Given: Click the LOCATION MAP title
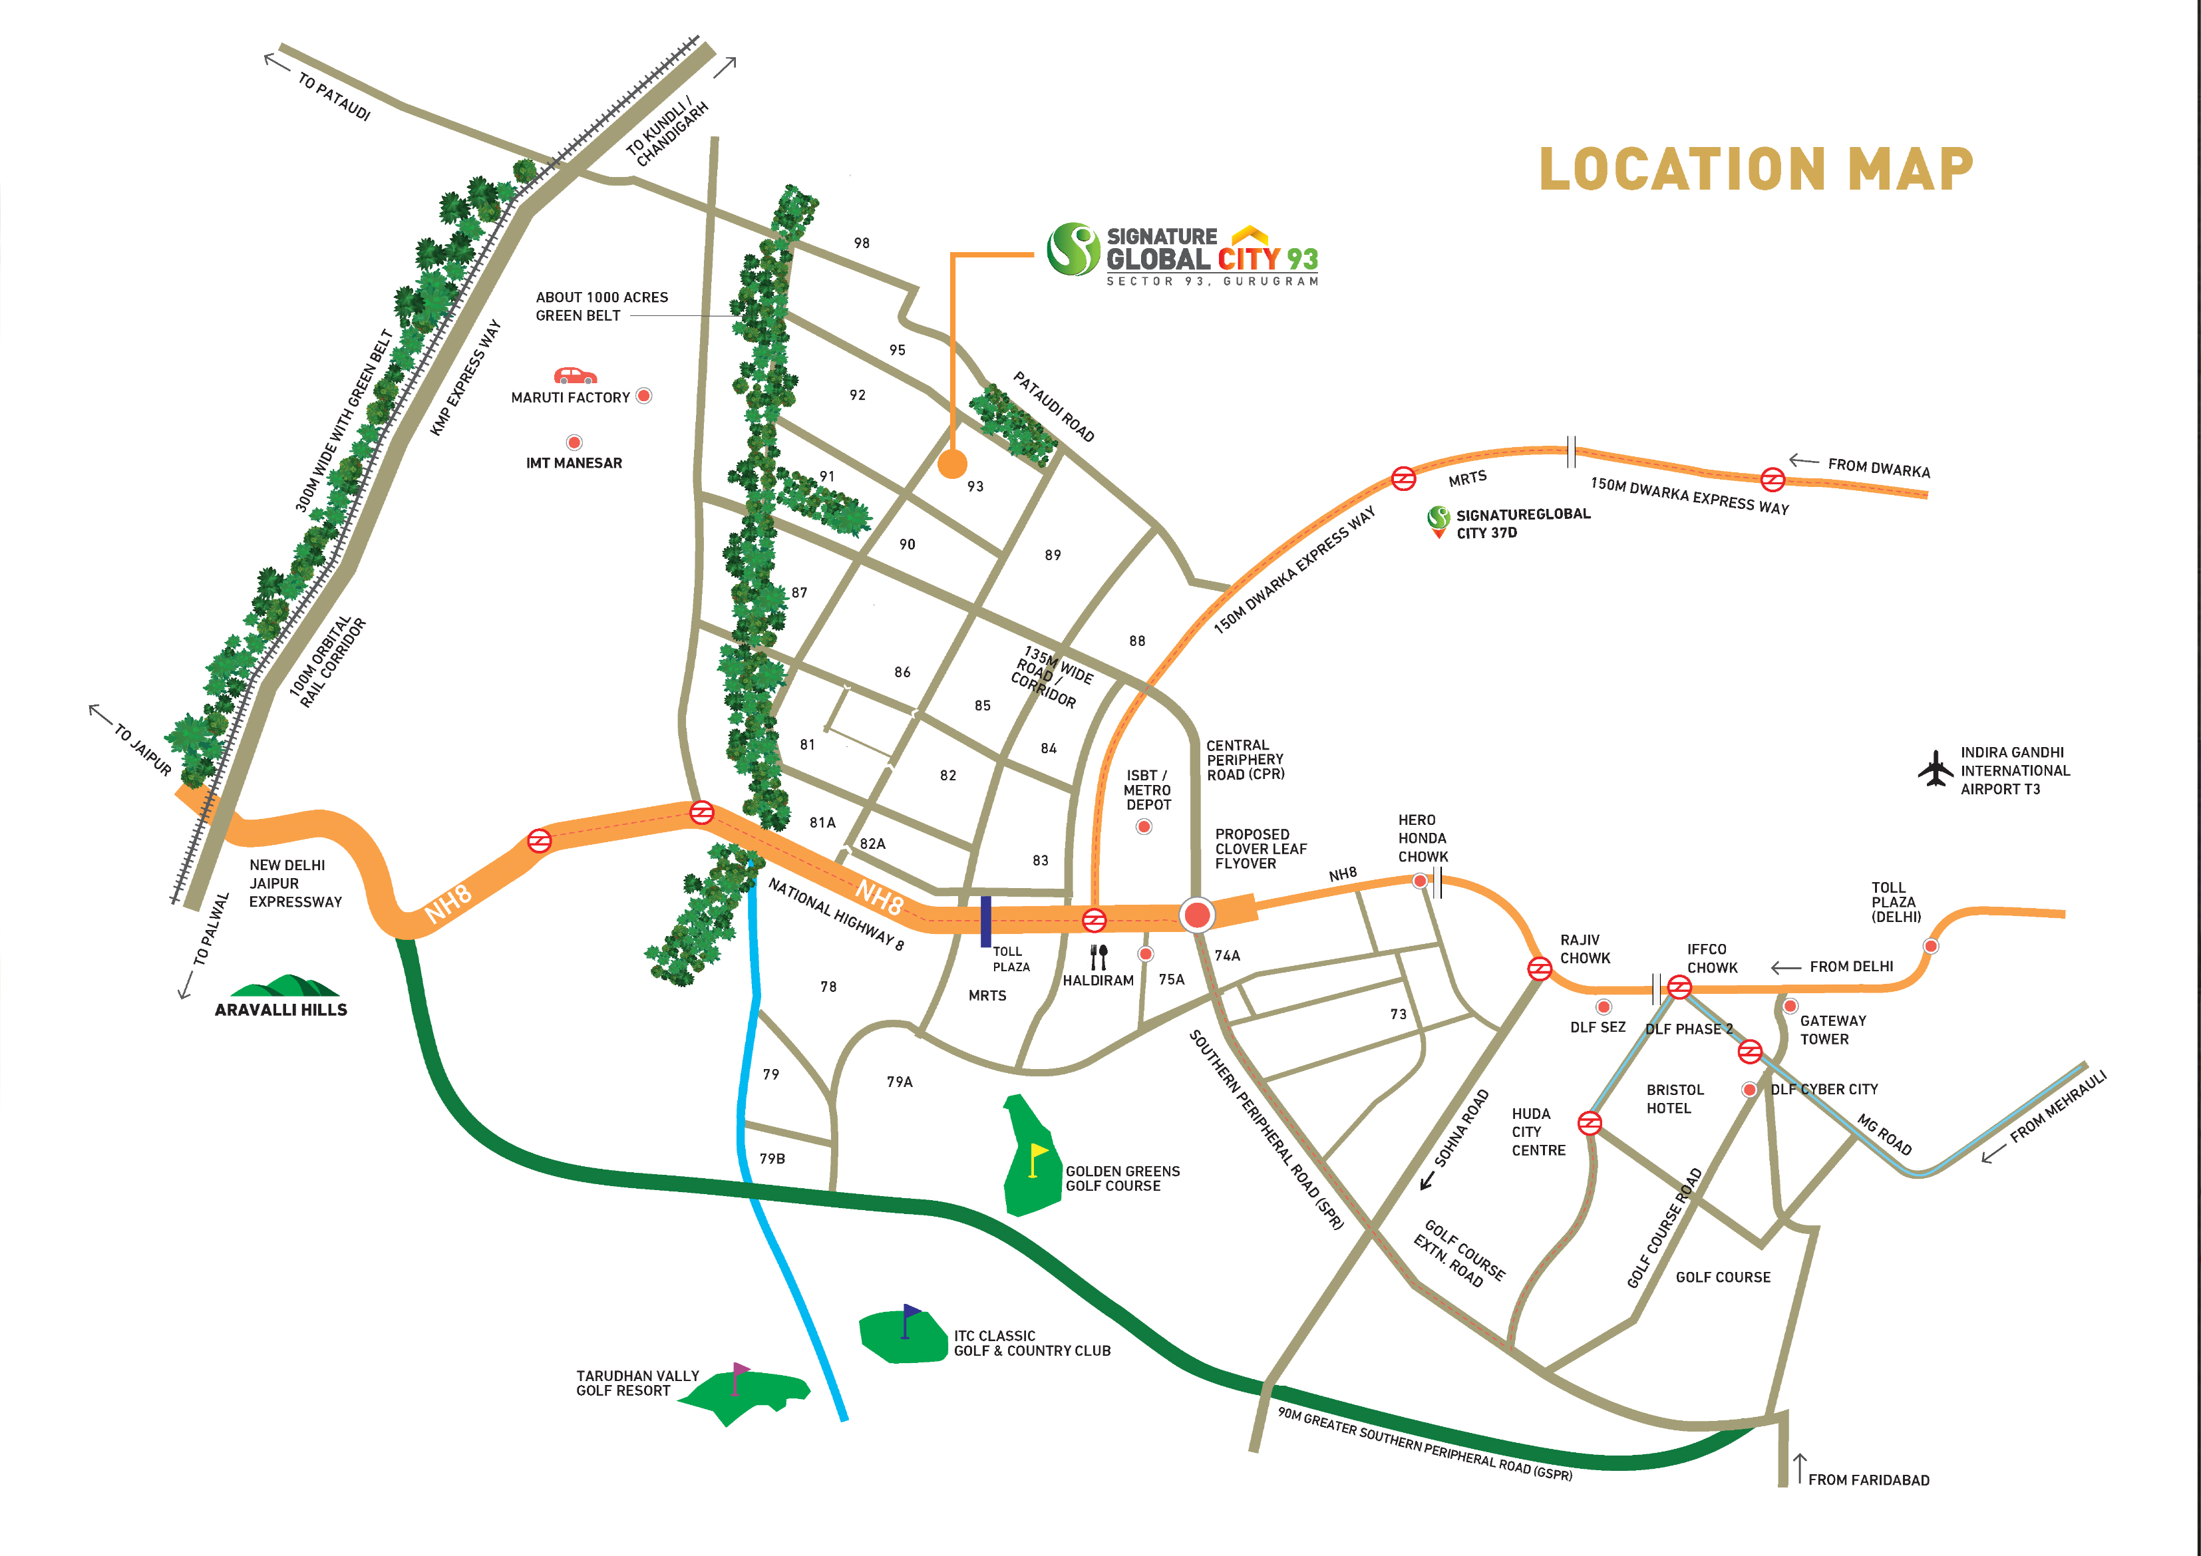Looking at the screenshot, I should [1755, 169].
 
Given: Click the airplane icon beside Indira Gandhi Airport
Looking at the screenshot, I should [1934, 769].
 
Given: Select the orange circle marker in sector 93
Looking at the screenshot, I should [952, 464].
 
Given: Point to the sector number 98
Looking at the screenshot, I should [862, 243].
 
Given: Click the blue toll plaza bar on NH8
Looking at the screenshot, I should [985, 921].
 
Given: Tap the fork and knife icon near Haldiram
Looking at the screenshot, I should [1099, 956].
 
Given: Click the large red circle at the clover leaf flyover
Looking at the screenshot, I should [1196, 915].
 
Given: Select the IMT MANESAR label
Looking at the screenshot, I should [574, 463].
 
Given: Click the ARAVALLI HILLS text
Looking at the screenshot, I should [281, 1010].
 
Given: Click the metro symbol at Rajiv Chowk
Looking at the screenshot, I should [1540, 969].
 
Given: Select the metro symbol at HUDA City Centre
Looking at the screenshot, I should [1590, 1123].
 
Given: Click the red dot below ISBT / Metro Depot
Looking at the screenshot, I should [1144, 826].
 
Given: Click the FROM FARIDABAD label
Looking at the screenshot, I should [1868, 1480].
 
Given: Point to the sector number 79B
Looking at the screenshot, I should [772, 1159].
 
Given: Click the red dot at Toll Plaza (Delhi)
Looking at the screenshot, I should [1931, 946].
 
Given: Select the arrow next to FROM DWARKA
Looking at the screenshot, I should [1804, 461].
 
